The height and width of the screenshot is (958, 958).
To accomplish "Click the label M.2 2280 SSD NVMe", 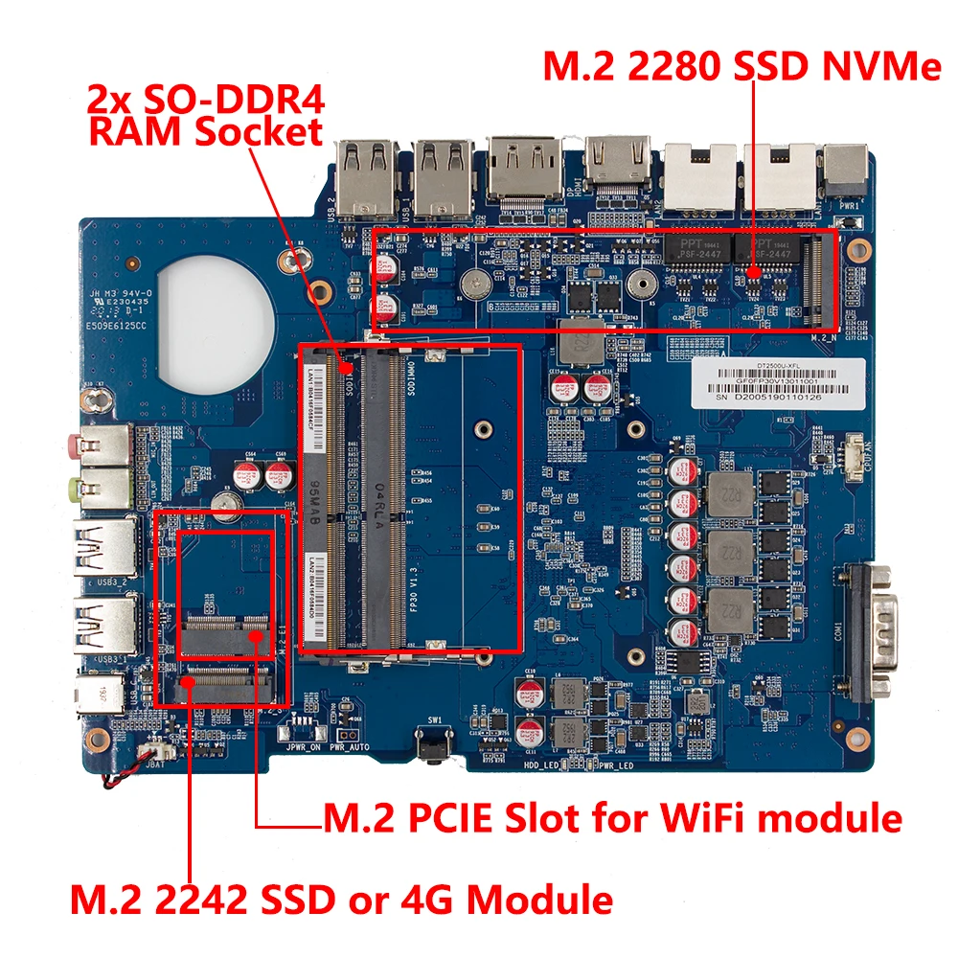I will pyautogui.click(x=742, y=67).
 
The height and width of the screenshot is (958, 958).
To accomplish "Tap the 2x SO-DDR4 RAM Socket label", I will pyautogui.click(x=205, y=115).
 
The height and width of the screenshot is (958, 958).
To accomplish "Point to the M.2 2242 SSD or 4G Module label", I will pyautogui.click(x=341, y=900).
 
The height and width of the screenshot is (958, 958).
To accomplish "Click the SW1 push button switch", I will pyautogui.click(x=432, y=742).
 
